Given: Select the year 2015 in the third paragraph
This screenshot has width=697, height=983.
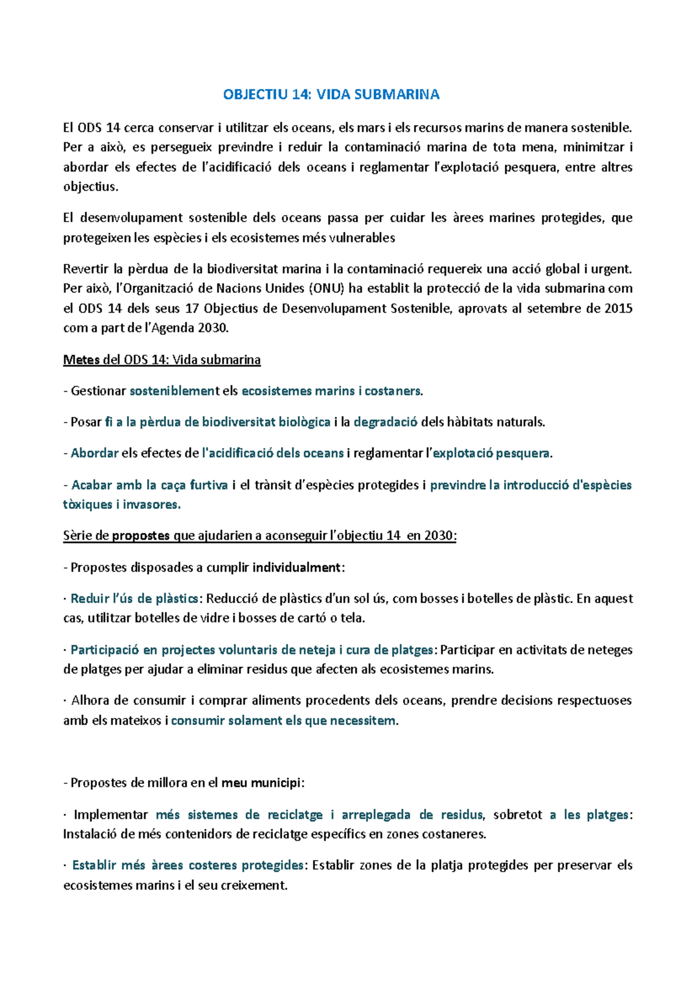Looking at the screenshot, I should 618,308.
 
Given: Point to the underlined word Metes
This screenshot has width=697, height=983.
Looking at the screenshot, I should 81,360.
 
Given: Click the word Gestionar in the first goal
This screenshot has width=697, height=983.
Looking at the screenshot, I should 98,391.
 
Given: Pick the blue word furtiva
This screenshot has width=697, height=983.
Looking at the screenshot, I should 209,485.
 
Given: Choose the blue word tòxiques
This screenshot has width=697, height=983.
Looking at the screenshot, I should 88,505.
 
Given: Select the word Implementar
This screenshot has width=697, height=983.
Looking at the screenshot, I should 111,815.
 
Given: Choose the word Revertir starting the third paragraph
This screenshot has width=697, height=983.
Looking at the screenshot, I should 85,269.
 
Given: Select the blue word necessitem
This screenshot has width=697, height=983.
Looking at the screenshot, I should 362,721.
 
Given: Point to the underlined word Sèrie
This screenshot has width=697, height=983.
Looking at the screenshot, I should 77,536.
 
